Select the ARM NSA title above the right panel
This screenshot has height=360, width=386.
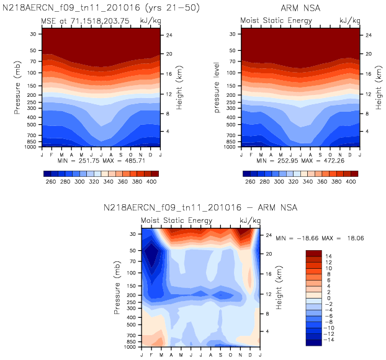click(299, 9)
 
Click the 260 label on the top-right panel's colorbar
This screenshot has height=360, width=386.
click(250, 182)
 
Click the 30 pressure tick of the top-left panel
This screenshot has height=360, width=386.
click(32, 34)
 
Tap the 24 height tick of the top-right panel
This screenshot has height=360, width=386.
click(367, 35)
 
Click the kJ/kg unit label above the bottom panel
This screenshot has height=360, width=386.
click(249, 221)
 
